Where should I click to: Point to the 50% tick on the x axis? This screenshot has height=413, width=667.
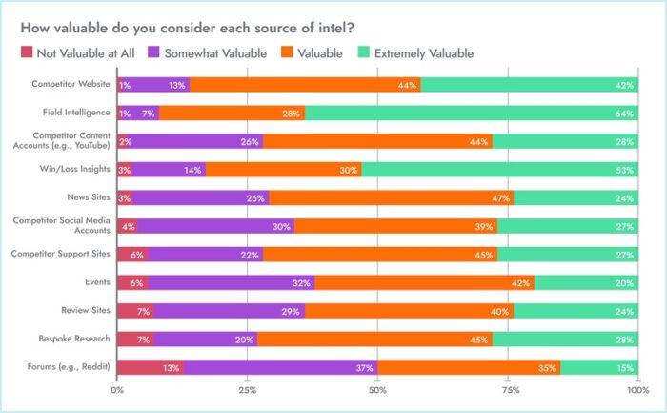[x=378, y=390]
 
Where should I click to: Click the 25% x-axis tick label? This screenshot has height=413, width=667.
[x=248, y=390]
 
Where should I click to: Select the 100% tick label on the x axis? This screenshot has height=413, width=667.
[x=637, y=390]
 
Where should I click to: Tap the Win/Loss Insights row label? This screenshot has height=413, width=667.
[x=77, y=170]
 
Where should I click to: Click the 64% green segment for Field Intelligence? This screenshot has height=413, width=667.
[x=472, y=113]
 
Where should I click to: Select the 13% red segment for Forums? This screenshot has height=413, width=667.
[x=151, y=367]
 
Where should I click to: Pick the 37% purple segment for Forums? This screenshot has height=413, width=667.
[x=280, y=367]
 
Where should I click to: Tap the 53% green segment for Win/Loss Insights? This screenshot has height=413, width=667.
[x=499, y=170]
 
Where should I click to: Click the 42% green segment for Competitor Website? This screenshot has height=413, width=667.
[x=529, y=85]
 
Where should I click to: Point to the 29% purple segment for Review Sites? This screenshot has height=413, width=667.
[x=229, y=311]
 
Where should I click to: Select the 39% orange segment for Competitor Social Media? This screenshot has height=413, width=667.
[x=395, y=226]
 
